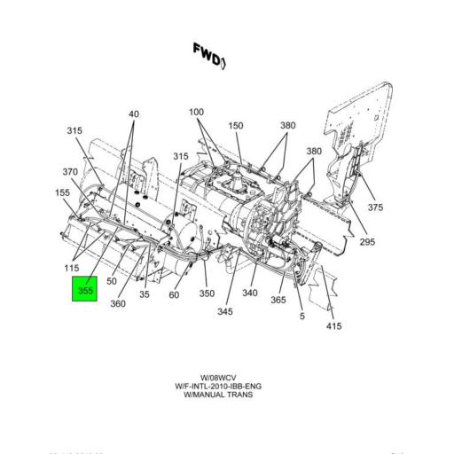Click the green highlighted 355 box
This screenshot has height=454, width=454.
point(84,290)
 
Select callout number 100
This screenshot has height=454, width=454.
point(196,113)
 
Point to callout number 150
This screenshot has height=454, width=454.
point(235,126)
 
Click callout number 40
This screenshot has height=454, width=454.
point(134,114)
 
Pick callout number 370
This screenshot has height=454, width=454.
point(70,172)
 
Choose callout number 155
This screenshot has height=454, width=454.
point(62,192)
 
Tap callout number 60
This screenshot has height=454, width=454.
point(175,295)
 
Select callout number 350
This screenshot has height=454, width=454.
point(207,294)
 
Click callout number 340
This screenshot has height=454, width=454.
point(250,294)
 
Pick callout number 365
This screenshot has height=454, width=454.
point(278,301)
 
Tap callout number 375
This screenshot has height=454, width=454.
point(376,207)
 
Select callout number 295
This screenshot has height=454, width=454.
point(367,242)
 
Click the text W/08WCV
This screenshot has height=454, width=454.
point(217,378)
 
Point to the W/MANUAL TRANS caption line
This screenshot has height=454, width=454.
point(217,395)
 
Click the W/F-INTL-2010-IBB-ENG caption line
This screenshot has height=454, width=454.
point(217,387)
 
